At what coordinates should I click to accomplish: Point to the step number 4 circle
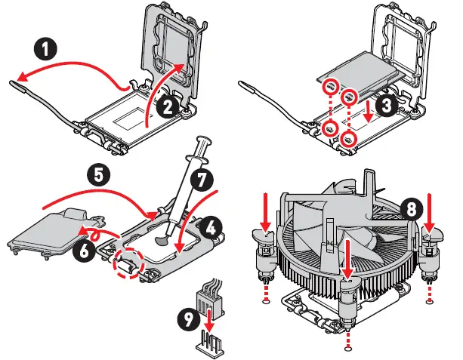[x=211, y=225]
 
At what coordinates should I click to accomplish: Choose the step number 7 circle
[x=200, y=181]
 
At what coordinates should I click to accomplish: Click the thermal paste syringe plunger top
[x=204, y=140]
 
